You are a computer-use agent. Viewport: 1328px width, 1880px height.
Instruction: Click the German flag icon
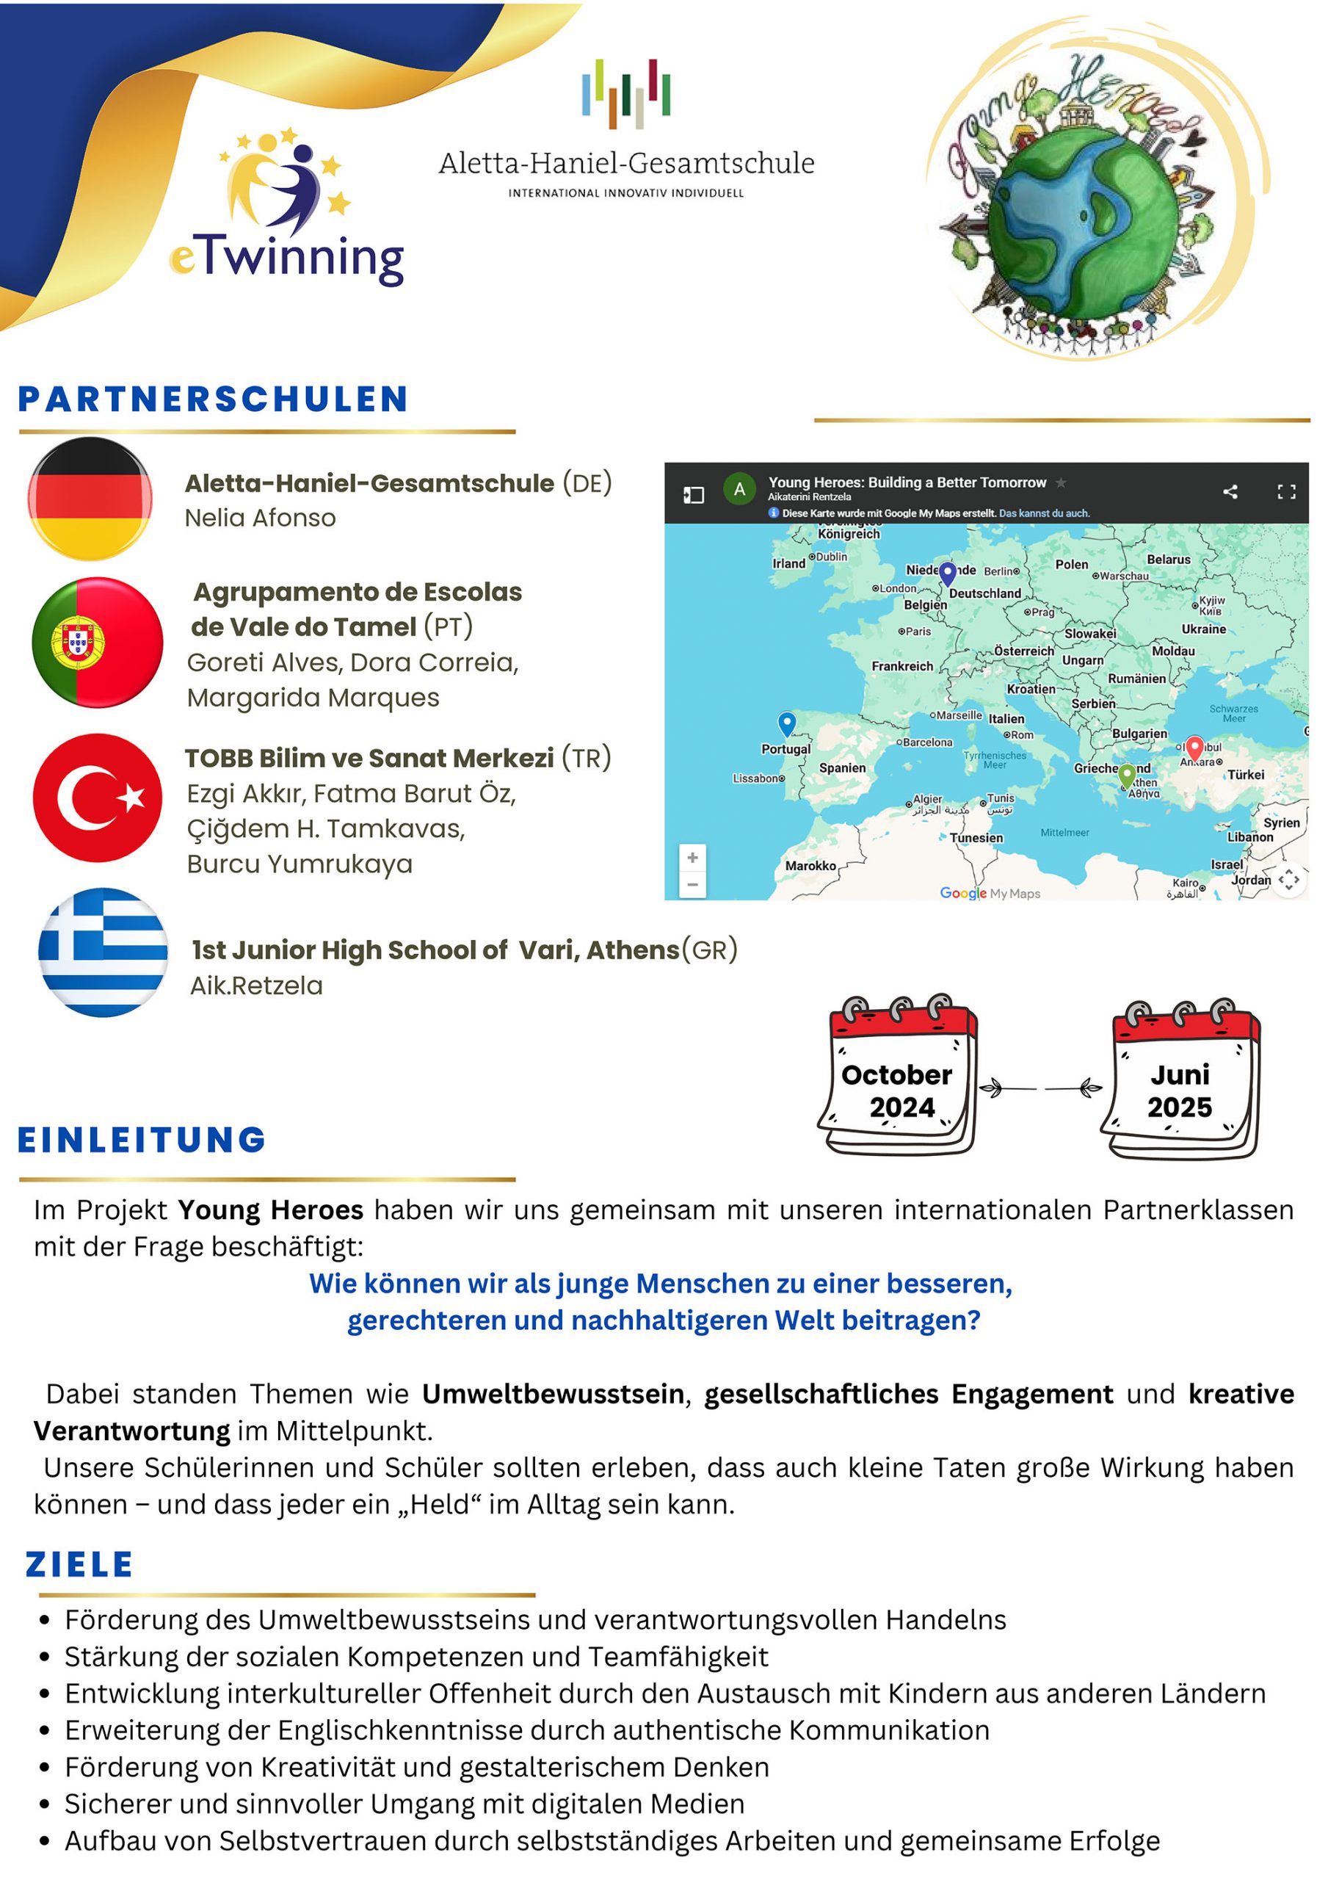pyautogui.click(x=90, y=498)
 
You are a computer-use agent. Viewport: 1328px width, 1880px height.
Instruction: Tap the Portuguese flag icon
pyautogui.click(x=98, y=642)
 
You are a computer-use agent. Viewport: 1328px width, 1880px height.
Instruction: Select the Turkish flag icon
pyautogui.click(x=98, y=798)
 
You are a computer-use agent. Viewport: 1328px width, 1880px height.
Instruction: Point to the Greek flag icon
pyautogui.click(x=104, y=952)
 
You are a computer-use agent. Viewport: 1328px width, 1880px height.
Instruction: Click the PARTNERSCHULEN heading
pyautogui.click(x=213, y=399)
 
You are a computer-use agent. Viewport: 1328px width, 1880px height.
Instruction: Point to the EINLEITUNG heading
pyautogui.click(x=142, y=1140)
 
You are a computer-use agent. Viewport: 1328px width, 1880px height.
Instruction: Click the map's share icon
pyautogui.click(x=1229, y=491)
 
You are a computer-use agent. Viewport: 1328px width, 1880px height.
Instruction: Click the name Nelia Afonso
pyautogui.click(x=260, y=518)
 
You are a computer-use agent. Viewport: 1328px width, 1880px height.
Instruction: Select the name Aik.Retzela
pyautogui.click(x=256, y=986)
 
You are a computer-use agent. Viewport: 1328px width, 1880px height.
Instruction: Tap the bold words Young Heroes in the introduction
pyautogui.click(x=270, y=1210)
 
